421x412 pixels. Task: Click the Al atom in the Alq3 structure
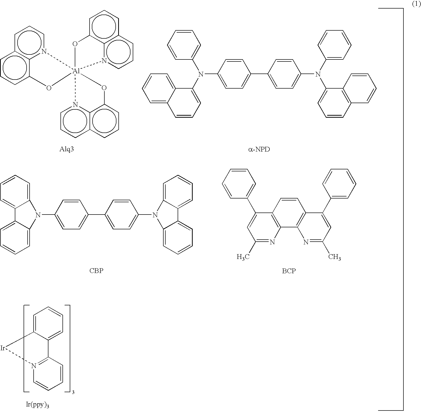76,71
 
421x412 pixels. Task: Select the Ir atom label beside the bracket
3,348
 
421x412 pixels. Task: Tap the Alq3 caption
67,150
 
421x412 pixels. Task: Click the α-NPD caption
259,150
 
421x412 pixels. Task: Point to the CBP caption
96,271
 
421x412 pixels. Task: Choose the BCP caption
289,271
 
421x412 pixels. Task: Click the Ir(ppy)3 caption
37,405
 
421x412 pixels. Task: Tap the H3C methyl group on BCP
243,257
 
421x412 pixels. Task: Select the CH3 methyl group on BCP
334,257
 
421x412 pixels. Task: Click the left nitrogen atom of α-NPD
200,74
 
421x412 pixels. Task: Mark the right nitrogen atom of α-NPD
318,74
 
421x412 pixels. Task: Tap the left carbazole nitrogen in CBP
38,215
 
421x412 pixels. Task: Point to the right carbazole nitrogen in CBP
155,215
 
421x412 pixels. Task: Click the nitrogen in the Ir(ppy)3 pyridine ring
34,366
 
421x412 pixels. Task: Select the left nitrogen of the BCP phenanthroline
272,242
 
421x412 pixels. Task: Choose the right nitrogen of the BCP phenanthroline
306,242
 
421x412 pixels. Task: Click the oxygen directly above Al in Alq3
75,44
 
